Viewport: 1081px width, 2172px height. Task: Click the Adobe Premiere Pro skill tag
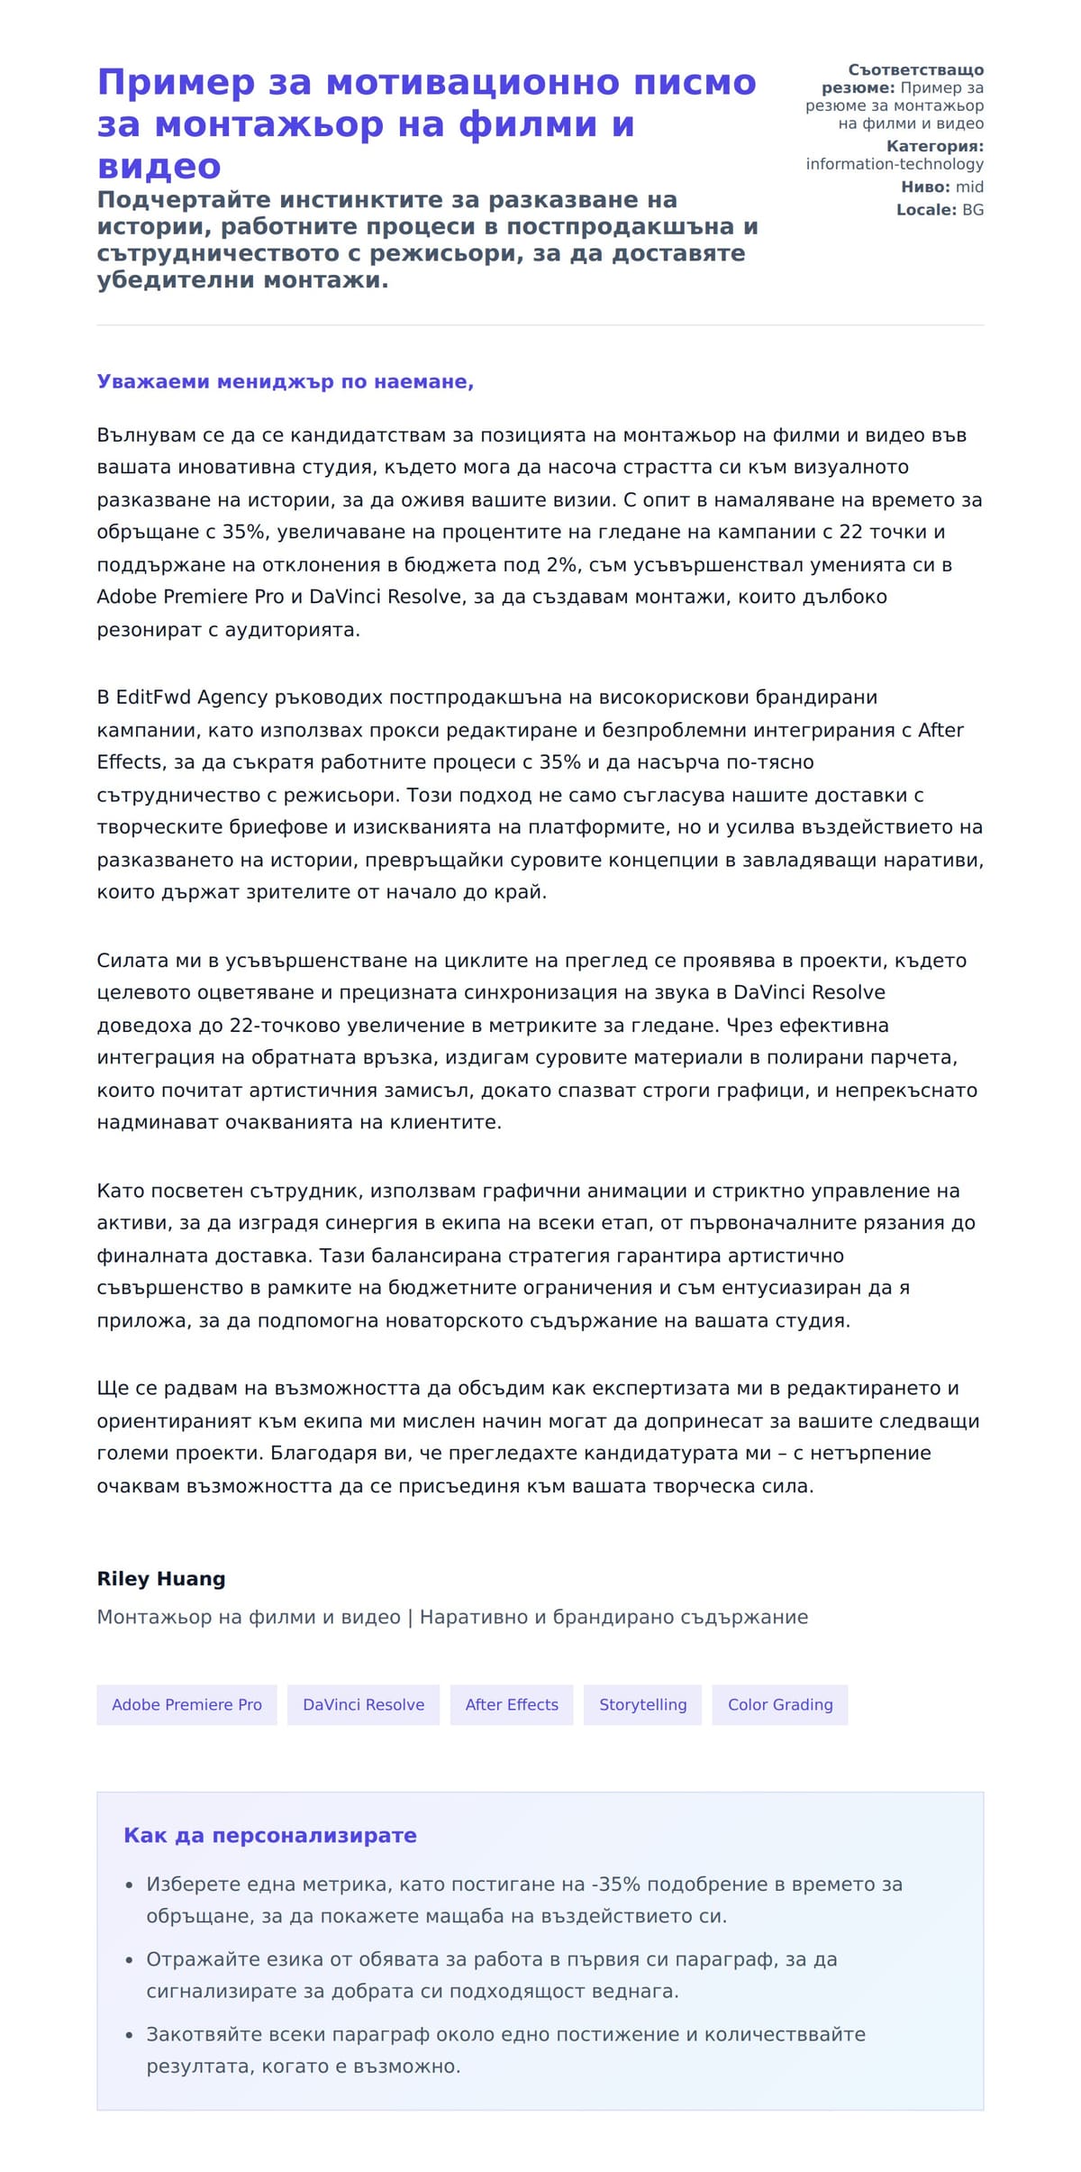[186, 1704]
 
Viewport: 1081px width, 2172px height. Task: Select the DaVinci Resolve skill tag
[363, 1704]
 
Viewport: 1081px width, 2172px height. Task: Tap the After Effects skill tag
[512, 1704]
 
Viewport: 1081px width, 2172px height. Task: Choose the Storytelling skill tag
[642, 1704]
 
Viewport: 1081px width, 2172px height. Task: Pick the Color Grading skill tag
[780, 1704]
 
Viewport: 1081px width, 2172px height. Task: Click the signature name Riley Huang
[161, 1578]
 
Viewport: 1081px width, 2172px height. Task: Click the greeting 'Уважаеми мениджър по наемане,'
[286, 381]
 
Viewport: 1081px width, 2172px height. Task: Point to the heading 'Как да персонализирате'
[270, 1835]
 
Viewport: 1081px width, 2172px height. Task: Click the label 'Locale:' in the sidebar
[926, 210]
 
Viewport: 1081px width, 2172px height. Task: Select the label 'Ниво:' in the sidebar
[925, 187]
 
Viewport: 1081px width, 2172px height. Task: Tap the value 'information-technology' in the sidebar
[895, 164]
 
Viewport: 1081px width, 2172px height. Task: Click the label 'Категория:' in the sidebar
[934, 146]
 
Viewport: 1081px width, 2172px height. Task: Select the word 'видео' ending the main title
[159, 167]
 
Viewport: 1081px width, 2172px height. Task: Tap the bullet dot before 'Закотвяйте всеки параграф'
[129, 2035]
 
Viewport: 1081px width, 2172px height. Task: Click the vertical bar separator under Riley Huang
[410, 1617]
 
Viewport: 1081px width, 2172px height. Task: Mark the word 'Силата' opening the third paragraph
[126, 961]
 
